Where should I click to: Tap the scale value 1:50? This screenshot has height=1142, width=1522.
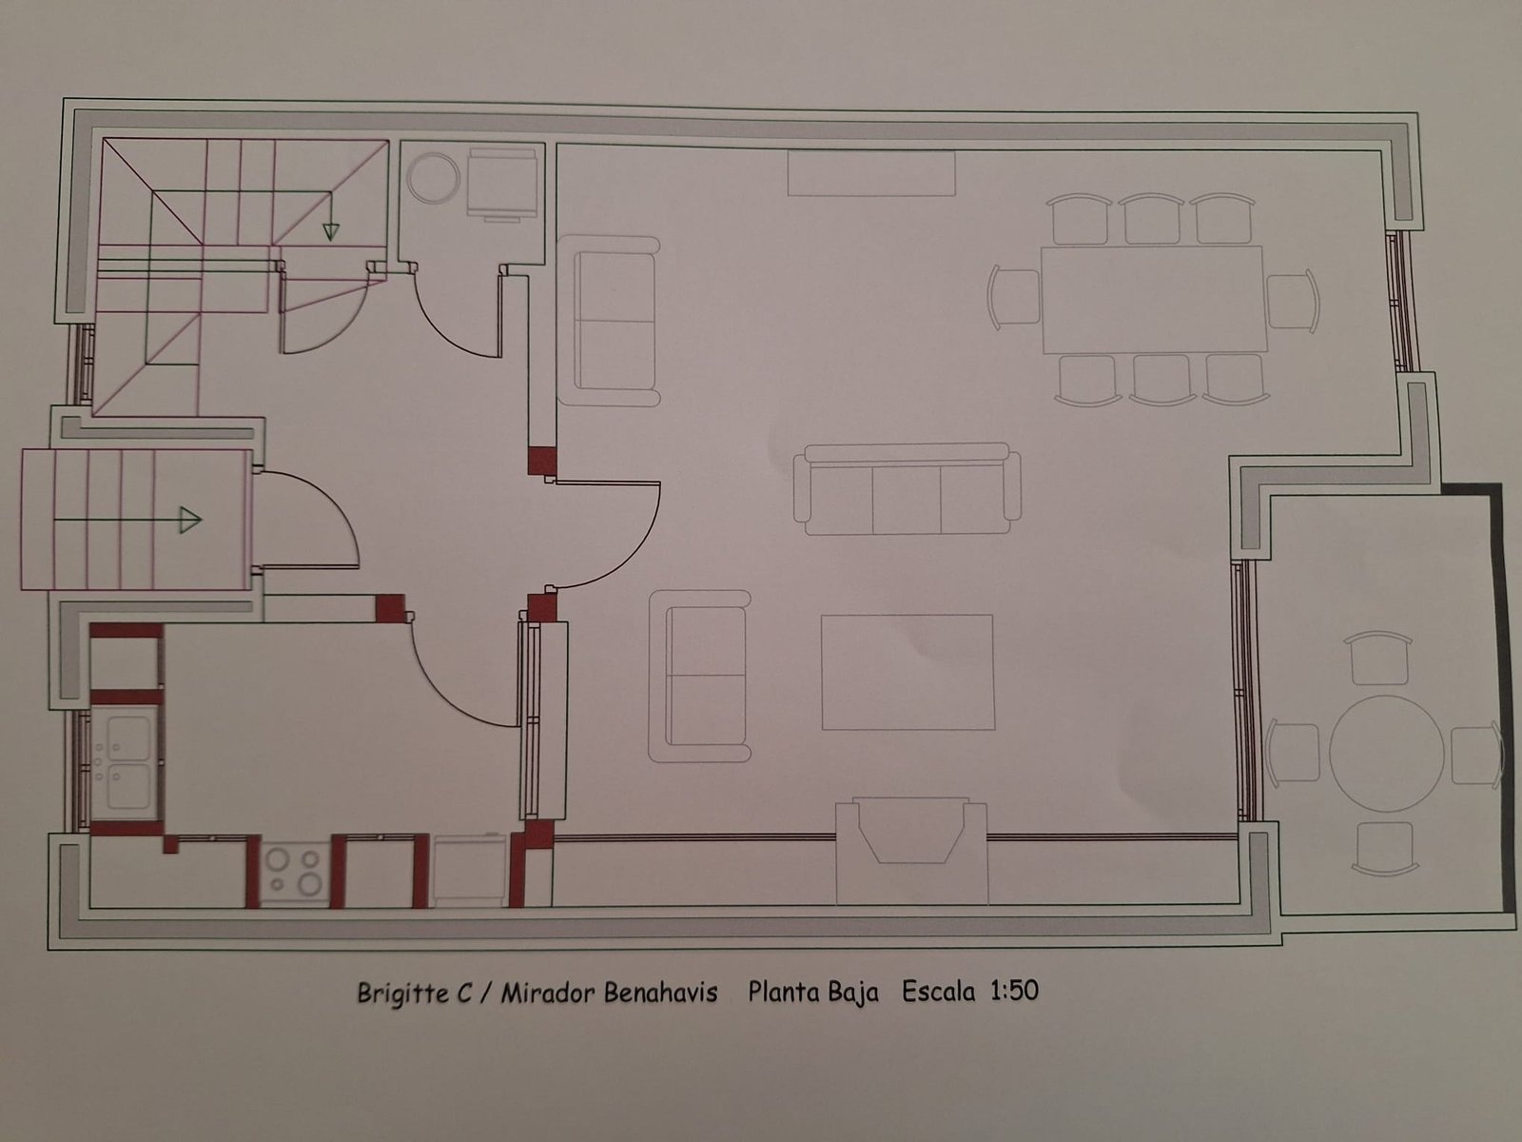1014,991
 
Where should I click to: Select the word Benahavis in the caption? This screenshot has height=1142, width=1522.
660,993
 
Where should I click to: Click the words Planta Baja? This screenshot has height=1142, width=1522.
812,993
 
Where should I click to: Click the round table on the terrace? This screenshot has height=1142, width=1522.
1386,753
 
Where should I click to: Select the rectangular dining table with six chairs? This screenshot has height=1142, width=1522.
1153,300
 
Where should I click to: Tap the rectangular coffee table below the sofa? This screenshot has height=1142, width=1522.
907,672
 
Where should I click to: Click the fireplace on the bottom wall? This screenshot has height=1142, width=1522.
911,850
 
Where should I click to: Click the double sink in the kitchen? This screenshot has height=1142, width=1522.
127,762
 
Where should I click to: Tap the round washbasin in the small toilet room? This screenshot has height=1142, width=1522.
434,178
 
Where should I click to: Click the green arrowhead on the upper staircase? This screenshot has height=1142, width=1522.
331,231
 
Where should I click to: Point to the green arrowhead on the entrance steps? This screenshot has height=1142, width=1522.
190,520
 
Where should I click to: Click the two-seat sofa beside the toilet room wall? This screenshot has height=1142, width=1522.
608,321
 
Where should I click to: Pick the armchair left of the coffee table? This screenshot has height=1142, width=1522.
699,676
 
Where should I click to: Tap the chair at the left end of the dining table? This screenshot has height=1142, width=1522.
1013,297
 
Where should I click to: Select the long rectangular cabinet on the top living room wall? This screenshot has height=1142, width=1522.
871,173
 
